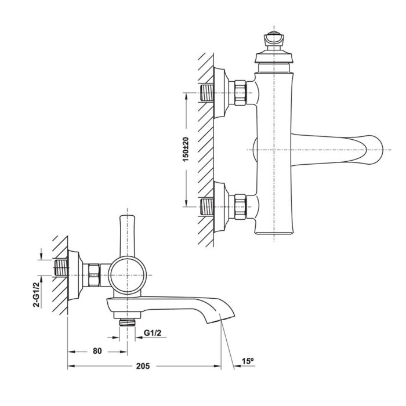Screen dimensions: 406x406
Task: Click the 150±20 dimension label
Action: [186, 150]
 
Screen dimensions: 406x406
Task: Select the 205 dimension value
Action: [143, 366]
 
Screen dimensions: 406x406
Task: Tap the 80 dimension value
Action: [97, 351]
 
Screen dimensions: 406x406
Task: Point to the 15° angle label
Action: [248, 361]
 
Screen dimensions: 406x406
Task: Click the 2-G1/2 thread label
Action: [37, 294]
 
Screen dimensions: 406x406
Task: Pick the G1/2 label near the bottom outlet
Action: [153, 333]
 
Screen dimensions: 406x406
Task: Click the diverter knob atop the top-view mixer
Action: [274, 41]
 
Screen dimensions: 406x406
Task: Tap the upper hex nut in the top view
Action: [240, 93]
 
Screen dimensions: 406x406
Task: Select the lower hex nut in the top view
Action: [240, 206]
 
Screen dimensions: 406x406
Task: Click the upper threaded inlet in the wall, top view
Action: [207, 93]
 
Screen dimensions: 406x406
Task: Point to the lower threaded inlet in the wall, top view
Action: [207, 206]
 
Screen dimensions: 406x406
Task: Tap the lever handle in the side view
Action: [127, 236]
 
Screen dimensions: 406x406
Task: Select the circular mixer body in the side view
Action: [127, 275]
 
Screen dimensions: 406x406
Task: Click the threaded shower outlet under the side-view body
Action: [127, 322]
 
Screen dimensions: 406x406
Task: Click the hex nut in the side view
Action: [94, 275]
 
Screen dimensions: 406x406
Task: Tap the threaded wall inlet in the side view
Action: [61, 268]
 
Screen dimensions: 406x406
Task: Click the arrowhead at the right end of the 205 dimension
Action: [217, 366]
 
